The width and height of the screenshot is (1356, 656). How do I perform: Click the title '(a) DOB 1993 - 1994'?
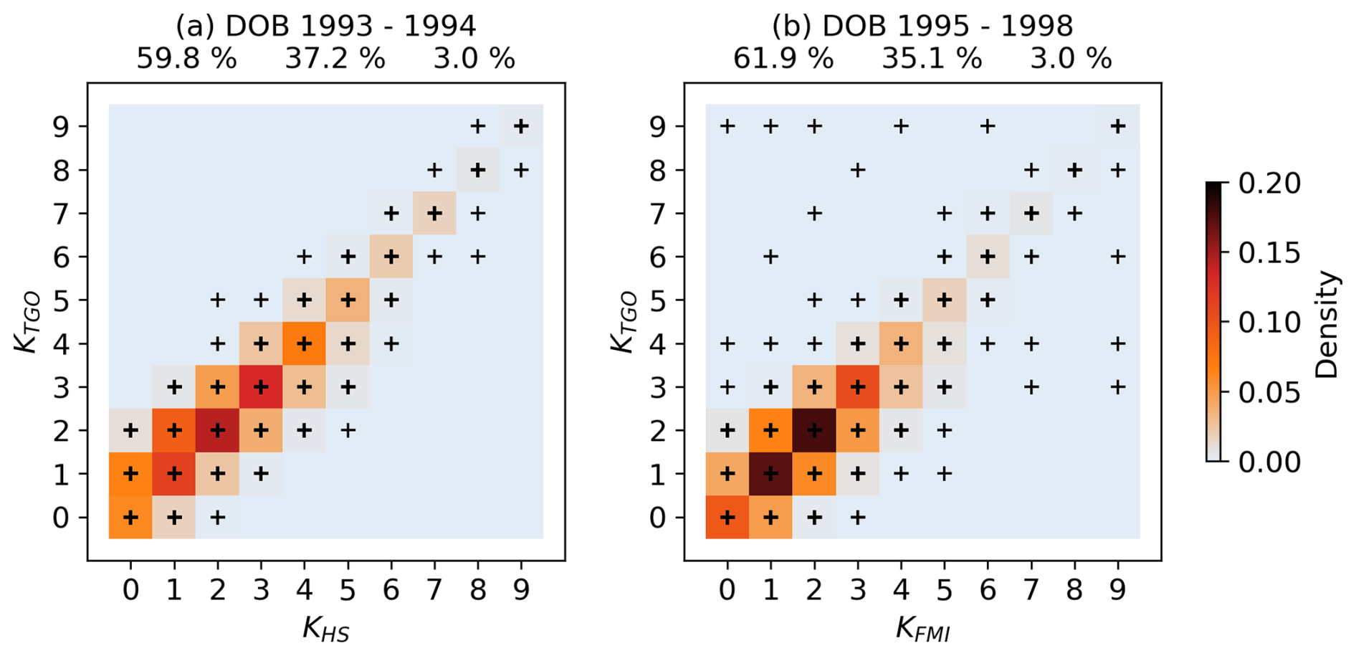coord(326,27)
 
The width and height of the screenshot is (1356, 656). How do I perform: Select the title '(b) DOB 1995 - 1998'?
coord(922,27)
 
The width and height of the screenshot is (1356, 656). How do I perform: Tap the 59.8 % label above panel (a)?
coord(186,59)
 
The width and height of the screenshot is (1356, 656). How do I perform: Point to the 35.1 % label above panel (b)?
coord(932,59)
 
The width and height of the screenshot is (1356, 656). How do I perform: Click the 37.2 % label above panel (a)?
coord(335,59)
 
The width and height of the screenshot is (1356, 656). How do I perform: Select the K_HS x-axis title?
coord(326,629)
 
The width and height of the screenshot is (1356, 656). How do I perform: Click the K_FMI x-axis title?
coord(922,629)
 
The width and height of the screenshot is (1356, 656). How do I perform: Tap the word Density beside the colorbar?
coord(1327,324)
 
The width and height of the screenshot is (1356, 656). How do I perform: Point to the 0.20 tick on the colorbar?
coord(1269,184)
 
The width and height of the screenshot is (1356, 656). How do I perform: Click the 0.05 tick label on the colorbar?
coord(1269,392)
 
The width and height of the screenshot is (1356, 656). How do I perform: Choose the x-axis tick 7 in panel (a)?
coord(434,589)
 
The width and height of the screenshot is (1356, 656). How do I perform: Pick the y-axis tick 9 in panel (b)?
coord(657,127)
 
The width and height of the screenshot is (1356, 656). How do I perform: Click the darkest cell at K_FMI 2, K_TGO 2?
coord(814,430)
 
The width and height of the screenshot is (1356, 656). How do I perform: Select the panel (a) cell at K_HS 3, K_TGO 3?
coord(261,387)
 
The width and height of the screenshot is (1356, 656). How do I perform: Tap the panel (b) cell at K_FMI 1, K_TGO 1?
coord(770,474)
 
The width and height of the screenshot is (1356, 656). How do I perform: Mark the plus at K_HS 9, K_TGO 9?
coord(521,127)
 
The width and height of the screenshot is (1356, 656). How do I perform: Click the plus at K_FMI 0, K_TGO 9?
coord(727,127)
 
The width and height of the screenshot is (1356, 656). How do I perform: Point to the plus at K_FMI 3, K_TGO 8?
coord(858,171)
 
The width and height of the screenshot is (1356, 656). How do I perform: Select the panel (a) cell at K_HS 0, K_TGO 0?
coord(130,517)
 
